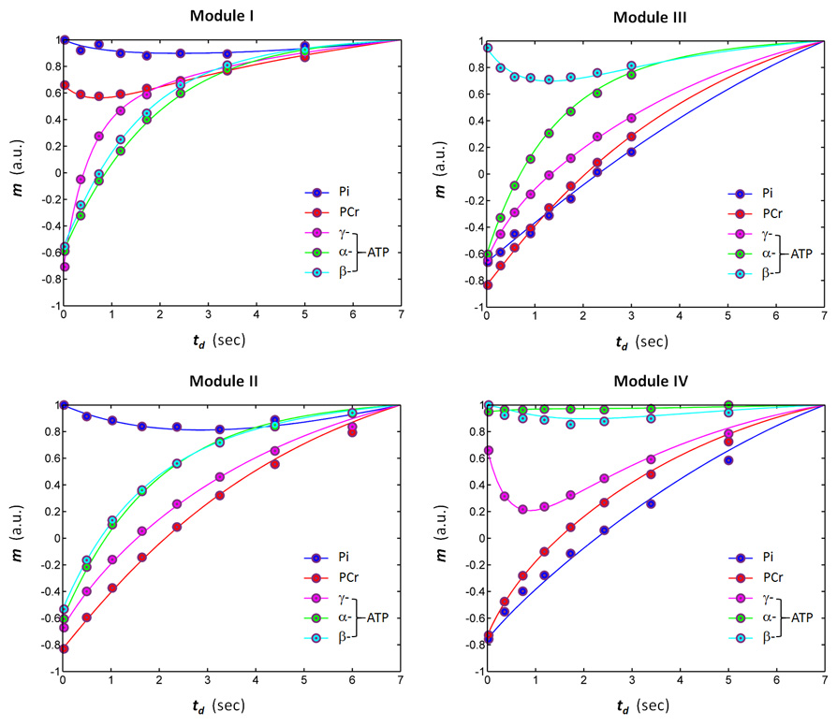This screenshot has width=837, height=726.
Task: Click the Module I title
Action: (x=231, y=16)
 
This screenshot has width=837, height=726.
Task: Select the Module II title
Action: (x=231, y=382)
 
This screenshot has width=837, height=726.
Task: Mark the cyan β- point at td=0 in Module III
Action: (x=488, y=48)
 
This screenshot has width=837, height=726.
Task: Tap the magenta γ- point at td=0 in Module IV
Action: (x=488, y=451)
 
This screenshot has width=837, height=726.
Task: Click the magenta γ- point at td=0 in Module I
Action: (x=64, y=267)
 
